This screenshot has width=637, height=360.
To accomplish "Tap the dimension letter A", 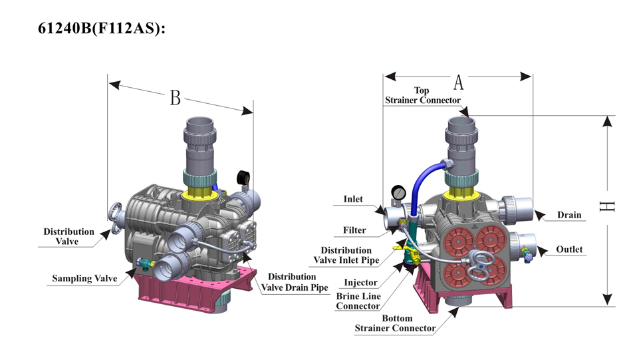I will pyautogui.click(x=458, y=83).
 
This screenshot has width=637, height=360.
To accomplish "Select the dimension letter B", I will pyautogui.click(x=175, y=98).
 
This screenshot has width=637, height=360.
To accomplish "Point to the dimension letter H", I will pyautogui.click(x=606, y=206).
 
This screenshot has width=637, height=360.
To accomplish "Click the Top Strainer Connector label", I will pyautogui.click(x=422, y=95).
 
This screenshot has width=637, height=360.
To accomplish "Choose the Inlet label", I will pyautogui.click(x=353, y=199).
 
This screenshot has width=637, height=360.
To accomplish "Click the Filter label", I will pyautogui.click(x=354, y=230).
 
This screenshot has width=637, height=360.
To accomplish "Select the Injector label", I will pyautogui.click(x=360, y=283).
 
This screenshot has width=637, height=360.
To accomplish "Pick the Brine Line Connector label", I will pyautogui.click(x=358, y=301).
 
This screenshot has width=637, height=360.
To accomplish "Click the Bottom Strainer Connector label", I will pyautogui.click(x=396, y=323).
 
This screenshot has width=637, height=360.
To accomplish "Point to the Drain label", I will pyautogui.click(x=569, y=215).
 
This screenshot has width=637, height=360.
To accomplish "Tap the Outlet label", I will pyautogui.click(x=569, y=250).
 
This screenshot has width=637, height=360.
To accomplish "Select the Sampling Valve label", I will pyautogui.click(x=84, y=278).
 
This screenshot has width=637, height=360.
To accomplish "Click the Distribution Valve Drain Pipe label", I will pyautogui.click(x=295, y=282).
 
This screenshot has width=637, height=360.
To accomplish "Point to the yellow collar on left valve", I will pyautogui.click(x=201, y=192).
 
